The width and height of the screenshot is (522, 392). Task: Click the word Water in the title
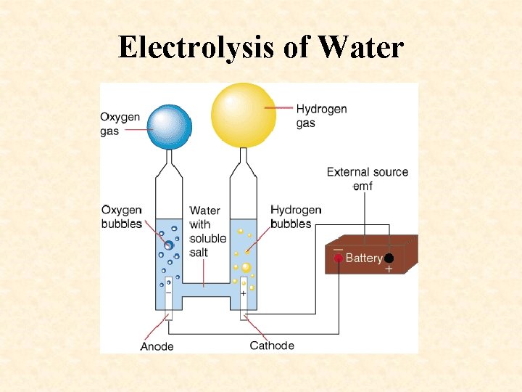[x=360, y=47]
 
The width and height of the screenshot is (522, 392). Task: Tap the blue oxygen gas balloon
[x=169, y=126]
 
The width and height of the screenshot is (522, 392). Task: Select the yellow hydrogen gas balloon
[x=243, y=115]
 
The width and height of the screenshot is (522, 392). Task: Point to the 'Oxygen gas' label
[x=120, y=124]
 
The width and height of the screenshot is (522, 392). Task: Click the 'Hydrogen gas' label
[x=321, y=115]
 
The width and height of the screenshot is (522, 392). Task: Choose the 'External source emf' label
[x=367, y=179]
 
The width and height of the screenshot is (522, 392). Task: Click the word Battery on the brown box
[x=364, y=258]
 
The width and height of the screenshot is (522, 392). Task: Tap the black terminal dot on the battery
[x=389, y=258]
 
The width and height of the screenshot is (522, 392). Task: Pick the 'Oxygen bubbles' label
[x=122, y=217]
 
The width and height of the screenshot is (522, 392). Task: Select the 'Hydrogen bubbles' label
[x=296, y=217]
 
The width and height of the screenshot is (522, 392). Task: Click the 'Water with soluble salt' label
[x=207, y=232]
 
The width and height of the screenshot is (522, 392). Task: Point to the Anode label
[x=157, y=346]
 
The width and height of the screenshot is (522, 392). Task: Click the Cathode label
[x=272, y=346]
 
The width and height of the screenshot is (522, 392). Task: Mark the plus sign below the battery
[x=389, y=269]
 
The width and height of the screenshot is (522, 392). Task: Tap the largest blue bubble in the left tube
[x=168, y=245]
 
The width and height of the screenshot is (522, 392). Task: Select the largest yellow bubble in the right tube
[x=246, y=267]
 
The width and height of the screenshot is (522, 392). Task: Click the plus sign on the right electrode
[x=243, y=293]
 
